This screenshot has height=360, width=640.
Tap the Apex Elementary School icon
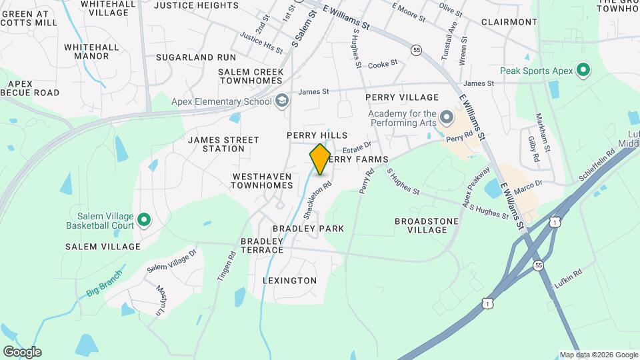tap(282, 101)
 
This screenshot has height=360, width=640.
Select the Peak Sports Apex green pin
tap(584, 70)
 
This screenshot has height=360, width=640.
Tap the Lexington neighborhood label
tap(290, 281)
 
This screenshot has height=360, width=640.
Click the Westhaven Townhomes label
tap(263, 181)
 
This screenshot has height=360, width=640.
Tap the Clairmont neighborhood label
tap(509, 22)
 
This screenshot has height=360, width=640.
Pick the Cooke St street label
tap(383, 64)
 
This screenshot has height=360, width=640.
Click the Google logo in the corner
tap(22, 352)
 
